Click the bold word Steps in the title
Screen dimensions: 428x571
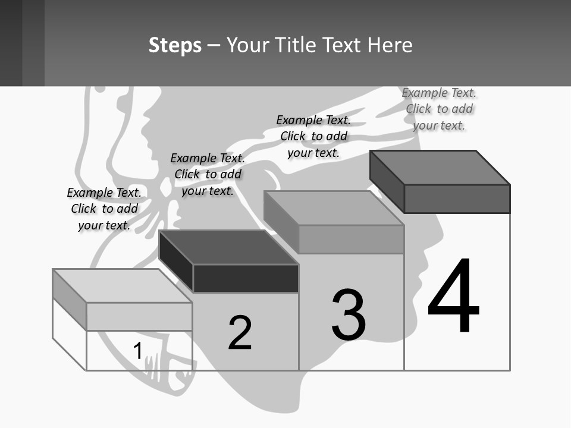175,46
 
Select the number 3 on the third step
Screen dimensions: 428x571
349,315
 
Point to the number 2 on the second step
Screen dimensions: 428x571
240,333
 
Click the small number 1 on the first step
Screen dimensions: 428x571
137,351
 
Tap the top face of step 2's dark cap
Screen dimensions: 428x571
229,247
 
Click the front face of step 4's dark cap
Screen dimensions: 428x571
457,199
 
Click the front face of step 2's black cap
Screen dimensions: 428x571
246,278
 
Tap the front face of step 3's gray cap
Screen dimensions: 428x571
351,239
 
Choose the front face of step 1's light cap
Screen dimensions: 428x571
139,316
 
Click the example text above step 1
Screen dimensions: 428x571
104,209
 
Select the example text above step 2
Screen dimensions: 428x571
208,174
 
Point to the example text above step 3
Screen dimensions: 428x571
313,136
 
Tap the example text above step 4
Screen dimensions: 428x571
439,109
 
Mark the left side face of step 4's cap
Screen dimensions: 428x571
387,181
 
